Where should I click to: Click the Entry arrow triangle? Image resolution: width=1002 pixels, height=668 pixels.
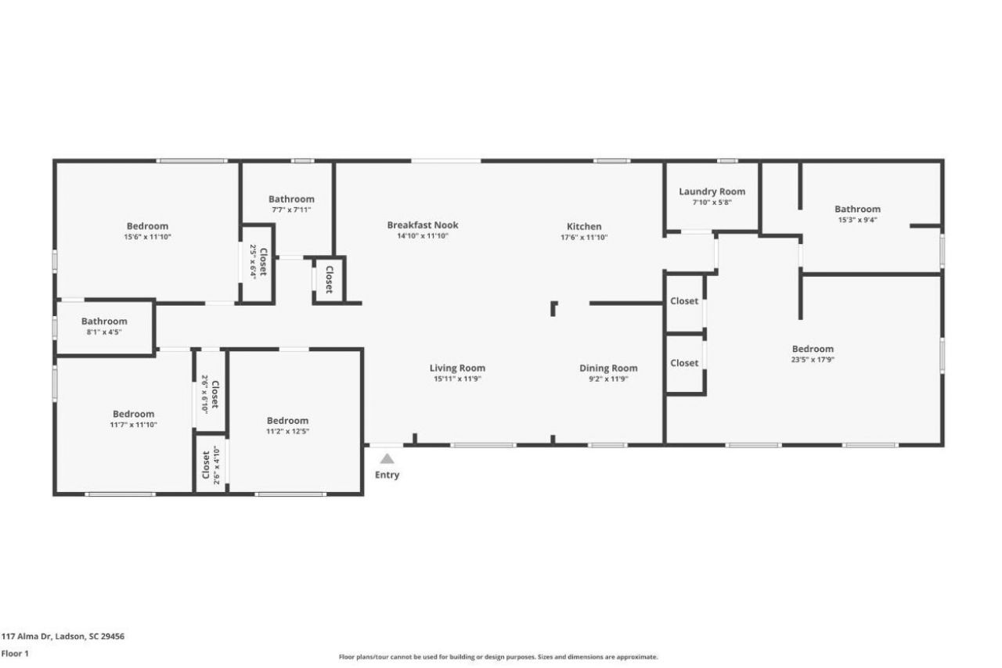(387, 459)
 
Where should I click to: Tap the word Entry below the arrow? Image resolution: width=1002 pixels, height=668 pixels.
(387, 475)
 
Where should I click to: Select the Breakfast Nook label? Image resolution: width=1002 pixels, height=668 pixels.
(423, 225)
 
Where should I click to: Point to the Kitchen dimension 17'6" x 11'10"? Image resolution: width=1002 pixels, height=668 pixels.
(584, 237)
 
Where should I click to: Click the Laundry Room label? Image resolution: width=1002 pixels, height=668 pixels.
(712, 192)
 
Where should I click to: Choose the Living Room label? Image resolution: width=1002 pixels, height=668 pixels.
(457, 368)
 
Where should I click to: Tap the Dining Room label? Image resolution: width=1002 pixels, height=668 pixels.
(608, 368)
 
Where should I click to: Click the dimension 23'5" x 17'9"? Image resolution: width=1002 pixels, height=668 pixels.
(813, 360)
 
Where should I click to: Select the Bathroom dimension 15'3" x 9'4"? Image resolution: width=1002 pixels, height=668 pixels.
(857, 220)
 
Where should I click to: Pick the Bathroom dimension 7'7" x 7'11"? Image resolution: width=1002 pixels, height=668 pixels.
(291, 210)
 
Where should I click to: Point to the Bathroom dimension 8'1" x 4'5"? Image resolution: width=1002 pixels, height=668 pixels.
(104, 332)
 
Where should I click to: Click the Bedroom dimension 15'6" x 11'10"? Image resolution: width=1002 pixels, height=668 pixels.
(147, 237)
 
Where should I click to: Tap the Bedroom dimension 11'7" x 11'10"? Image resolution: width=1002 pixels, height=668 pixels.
(133, 425)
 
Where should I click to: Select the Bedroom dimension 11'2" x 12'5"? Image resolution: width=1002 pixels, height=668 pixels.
(287, 431)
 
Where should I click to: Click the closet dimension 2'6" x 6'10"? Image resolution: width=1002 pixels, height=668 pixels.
(205, 393)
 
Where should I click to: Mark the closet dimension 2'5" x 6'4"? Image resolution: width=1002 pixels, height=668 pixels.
(253, 262)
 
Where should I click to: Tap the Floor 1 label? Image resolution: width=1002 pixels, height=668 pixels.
(15, 654)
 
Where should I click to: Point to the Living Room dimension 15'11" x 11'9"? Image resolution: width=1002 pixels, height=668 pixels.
(457, 379)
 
